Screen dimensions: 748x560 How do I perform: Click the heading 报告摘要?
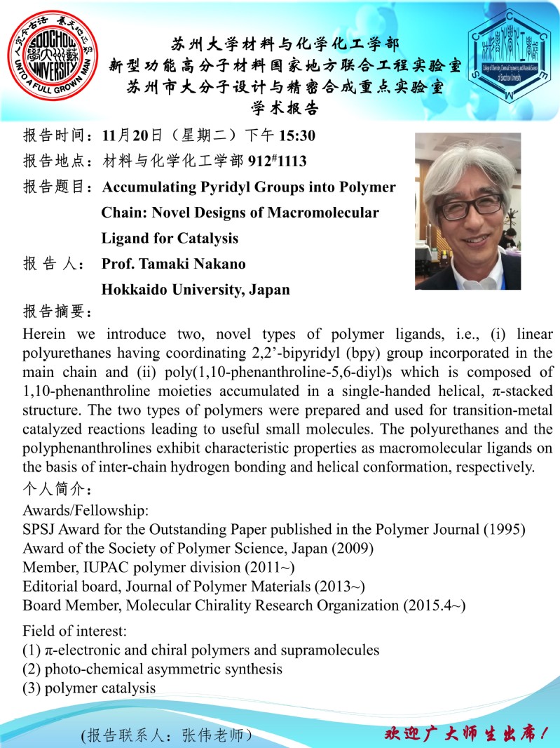pos(57,312)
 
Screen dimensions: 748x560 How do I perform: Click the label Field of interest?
pos(74,630)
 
